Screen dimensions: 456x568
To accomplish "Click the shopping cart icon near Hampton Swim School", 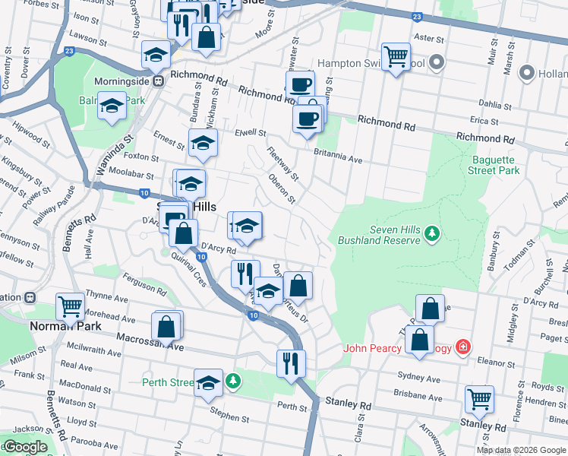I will [396, 56].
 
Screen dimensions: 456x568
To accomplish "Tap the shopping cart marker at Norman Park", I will [70, 307].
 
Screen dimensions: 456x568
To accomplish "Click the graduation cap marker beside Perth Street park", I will [208, 383].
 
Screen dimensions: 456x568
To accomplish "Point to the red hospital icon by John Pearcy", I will [462, 347].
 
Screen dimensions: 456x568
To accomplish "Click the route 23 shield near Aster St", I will [417, 16].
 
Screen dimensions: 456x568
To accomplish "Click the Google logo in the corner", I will [25, 447].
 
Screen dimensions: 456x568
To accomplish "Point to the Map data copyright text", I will [521, 450].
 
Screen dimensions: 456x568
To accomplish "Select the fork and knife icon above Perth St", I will [290, 363].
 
